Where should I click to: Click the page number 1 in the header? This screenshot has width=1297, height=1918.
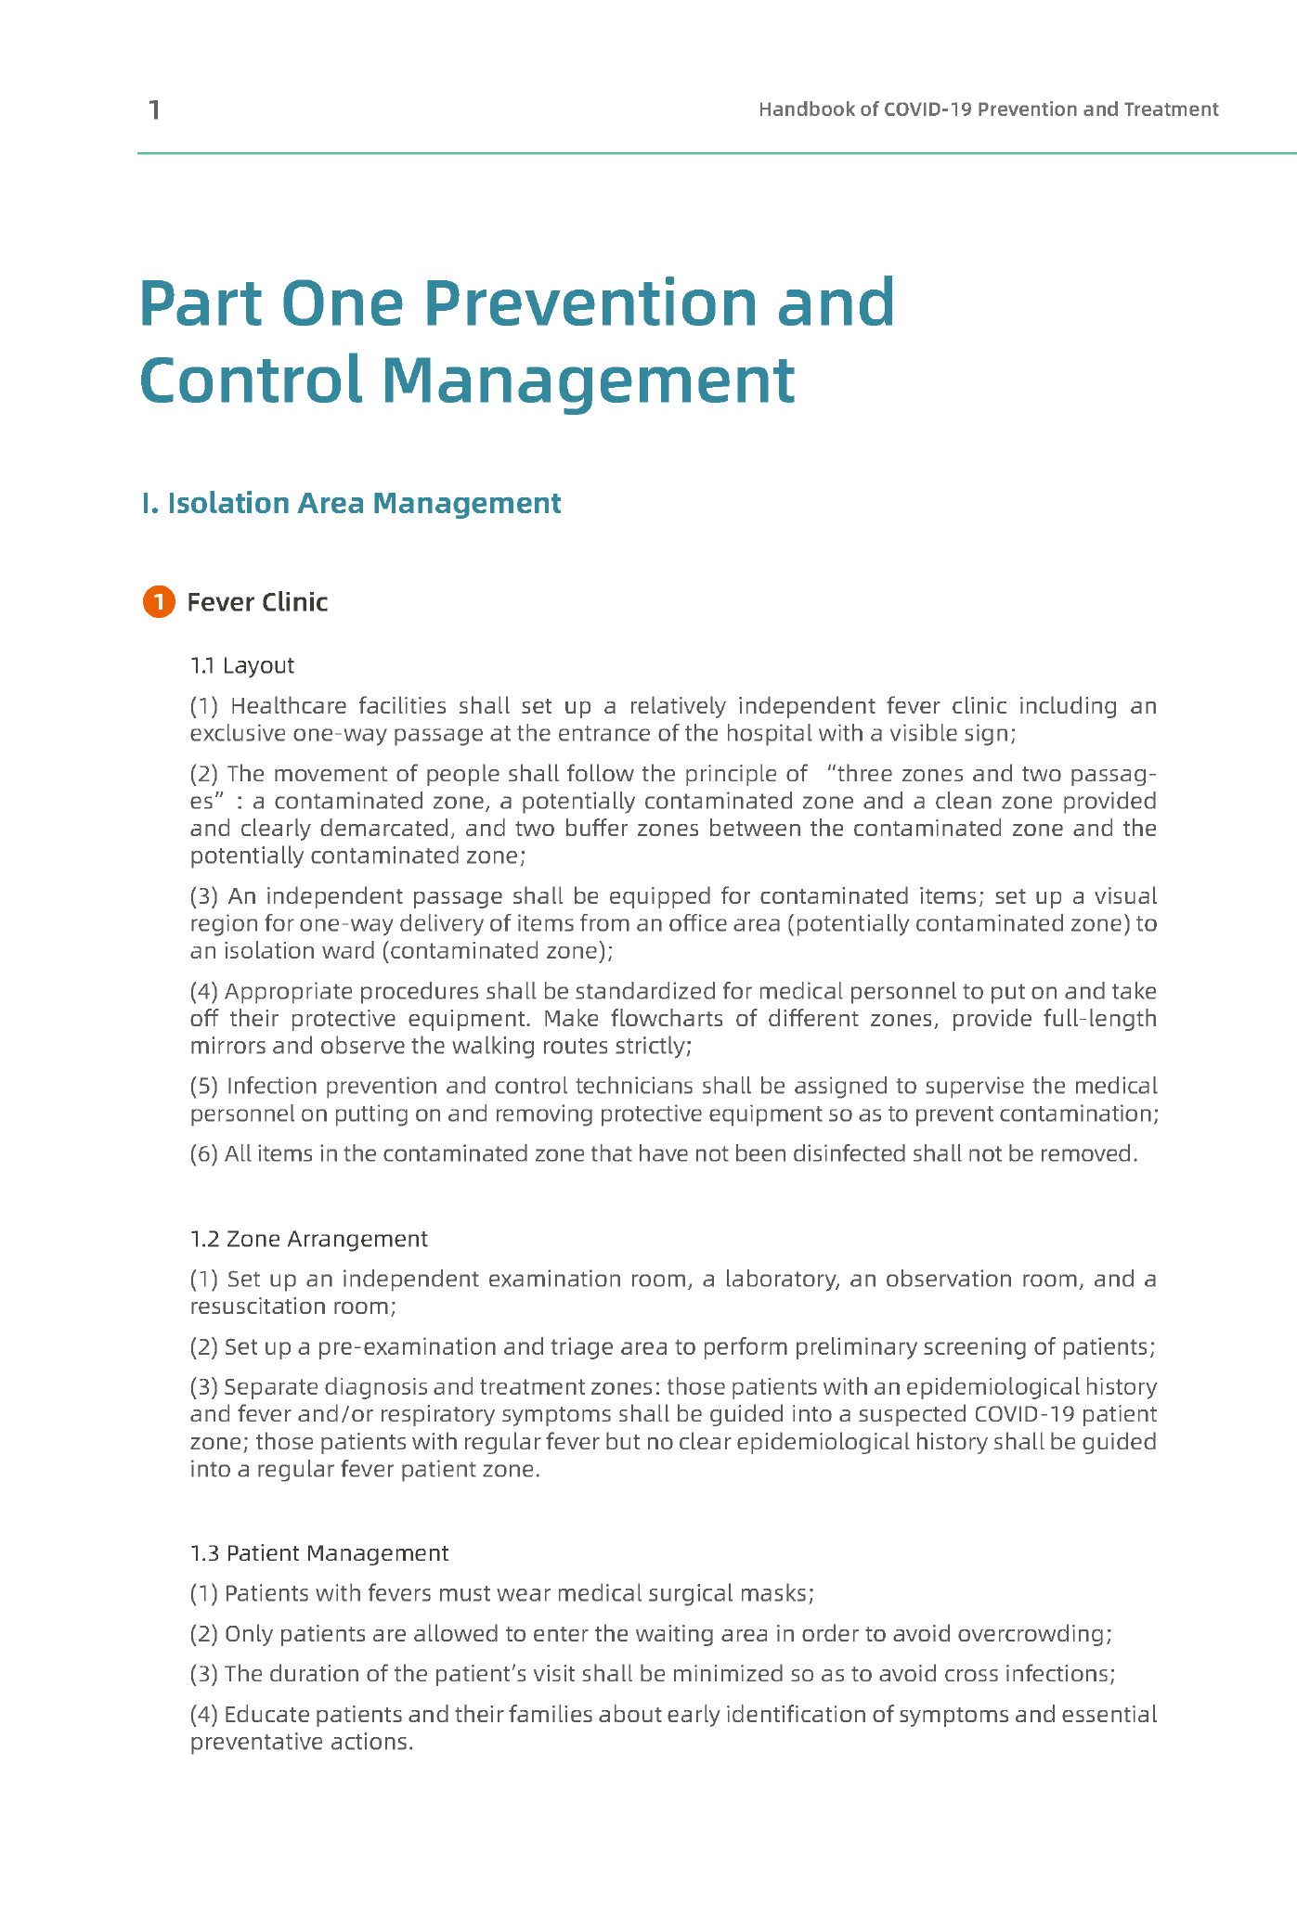(x=154, y=110)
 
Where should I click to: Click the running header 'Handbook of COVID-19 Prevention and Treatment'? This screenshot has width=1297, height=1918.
(x=988, y=109)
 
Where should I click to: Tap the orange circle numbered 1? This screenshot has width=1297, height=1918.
(x=159, y=602)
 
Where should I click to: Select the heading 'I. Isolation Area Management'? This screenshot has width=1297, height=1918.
(x=351, y=503)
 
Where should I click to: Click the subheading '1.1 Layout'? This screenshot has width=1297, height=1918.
(x=241, y=665)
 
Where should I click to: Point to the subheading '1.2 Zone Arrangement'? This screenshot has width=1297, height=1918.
(x=308, y=1239)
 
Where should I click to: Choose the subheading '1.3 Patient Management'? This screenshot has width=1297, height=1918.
(x=318, y=1552)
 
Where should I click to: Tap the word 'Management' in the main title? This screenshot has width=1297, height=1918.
(x=588, y=380)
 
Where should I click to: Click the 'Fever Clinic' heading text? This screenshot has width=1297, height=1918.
(x=257, y=602)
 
